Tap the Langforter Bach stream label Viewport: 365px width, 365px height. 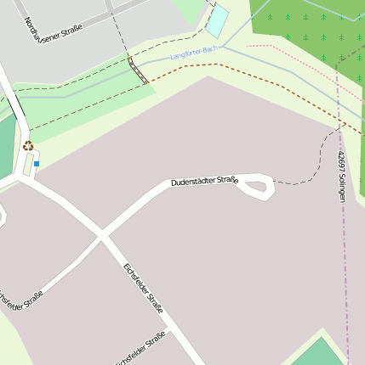[x=194, y=53]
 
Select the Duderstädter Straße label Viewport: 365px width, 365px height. [x=203, y=181]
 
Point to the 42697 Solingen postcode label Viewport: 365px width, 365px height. [x=341, y=176]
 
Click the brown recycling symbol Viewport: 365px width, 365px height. [x=28, y=146]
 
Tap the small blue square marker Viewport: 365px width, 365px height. [x=37, y=163]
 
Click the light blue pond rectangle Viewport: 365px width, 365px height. [x=218, y=20]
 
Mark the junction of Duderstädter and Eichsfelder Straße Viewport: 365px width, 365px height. [x=103, y=233]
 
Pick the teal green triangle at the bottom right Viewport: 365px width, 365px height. [x=319, y=352]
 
